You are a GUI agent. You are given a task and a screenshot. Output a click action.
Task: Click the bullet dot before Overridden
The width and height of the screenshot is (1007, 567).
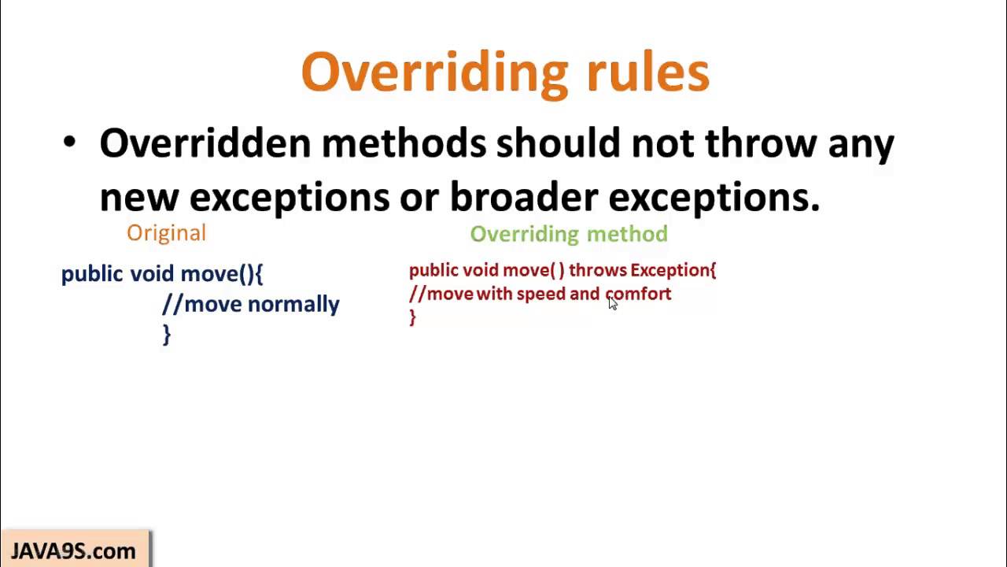70,143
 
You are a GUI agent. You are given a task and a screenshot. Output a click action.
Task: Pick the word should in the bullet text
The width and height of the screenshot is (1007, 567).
558,143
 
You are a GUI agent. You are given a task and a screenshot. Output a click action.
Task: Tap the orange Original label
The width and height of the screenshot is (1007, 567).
166,233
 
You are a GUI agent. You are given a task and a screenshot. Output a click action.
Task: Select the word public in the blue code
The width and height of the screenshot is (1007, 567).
92,274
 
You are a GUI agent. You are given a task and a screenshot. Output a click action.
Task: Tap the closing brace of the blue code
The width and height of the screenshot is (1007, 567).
166,334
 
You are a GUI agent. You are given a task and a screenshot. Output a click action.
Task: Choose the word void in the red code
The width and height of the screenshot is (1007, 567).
481,270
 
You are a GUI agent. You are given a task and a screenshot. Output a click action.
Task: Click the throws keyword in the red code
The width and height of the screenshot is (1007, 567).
597,270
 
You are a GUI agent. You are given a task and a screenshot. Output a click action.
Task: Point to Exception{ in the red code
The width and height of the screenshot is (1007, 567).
673,270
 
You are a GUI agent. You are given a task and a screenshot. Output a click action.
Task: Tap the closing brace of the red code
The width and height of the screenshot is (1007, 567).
412,317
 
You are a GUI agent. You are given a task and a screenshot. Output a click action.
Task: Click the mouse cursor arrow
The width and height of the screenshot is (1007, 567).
613,303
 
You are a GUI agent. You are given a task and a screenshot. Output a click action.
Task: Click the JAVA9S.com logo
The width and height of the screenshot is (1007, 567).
73,550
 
